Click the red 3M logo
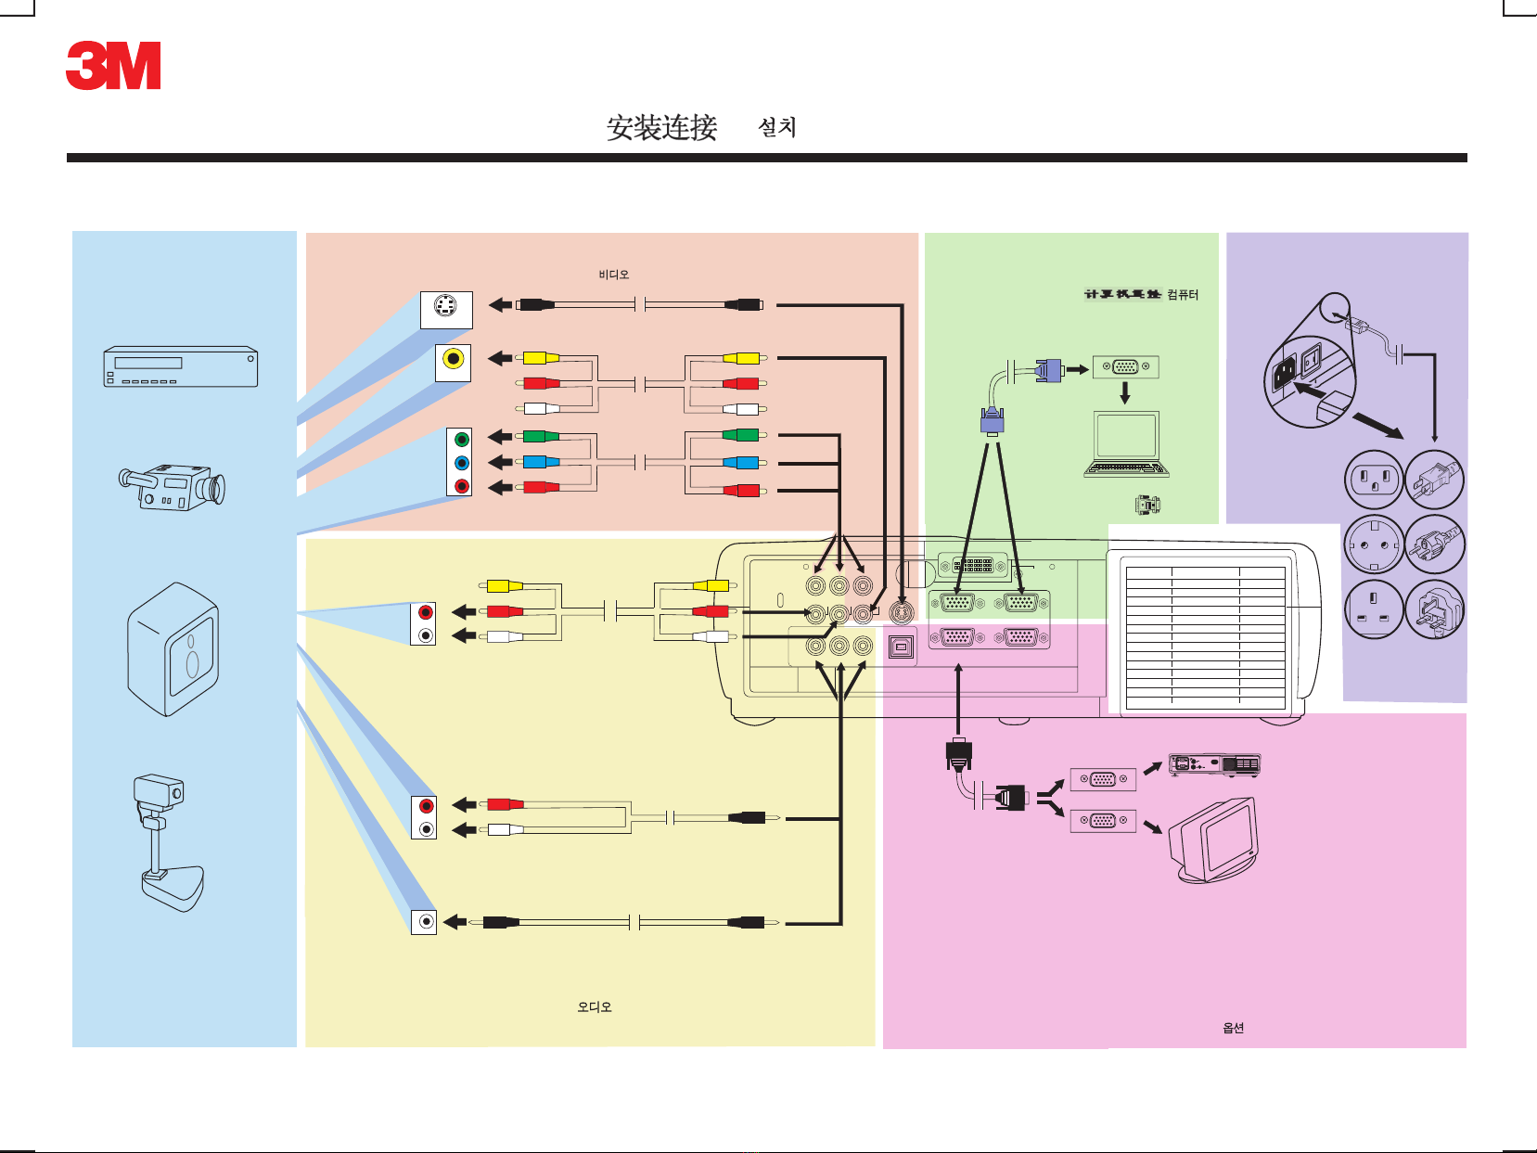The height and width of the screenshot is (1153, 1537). click(113, 66)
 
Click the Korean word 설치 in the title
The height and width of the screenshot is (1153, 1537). click(776, 127)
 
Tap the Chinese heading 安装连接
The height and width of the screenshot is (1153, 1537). click(661, 128)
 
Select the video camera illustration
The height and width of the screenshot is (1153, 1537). click(173, 486)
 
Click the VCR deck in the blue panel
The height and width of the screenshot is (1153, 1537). click(180, 367)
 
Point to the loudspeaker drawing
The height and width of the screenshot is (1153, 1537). click(173, 649)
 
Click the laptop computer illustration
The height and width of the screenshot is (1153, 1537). click(1125, 444)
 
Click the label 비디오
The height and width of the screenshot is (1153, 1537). click(613, 275)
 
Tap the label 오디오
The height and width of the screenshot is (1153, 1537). click(594, 1006)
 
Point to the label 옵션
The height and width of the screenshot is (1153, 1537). click(1233, 1028)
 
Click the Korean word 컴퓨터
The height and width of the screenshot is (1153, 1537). click(1183, 295)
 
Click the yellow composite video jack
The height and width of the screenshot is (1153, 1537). click(453, 360)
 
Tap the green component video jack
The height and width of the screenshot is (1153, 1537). click(461, 440)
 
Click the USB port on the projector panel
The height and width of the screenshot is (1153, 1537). click(901, 647)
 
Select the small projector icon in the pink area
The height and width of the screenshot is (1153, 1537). click(1213, 764)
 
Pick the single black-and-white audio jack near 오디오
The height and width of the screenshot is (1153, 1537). click(425, 921)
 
